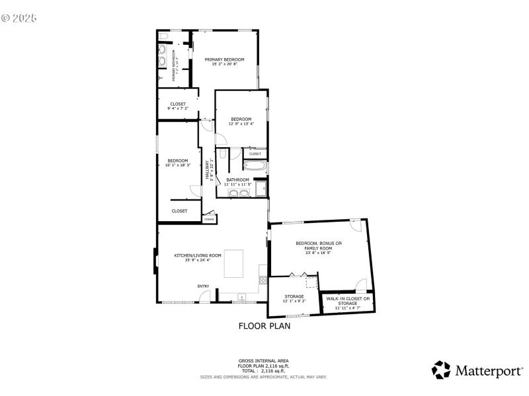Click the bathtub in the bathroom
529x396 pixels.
click(255, 166)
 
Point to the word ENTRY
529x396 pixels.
click(204, 286)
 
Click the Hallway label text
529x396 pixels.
click(208, 171)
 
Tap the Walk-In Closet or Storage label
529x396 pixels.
click(348, 301)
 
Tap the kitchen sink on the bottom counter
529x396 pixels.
click(241, 298)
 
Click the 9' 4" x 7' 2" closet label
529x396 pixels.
click(178, 106)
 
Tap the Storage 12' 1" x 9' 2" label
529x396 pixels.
click(294, 298)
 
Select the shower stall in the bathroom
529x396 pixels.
click(261, 190)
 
